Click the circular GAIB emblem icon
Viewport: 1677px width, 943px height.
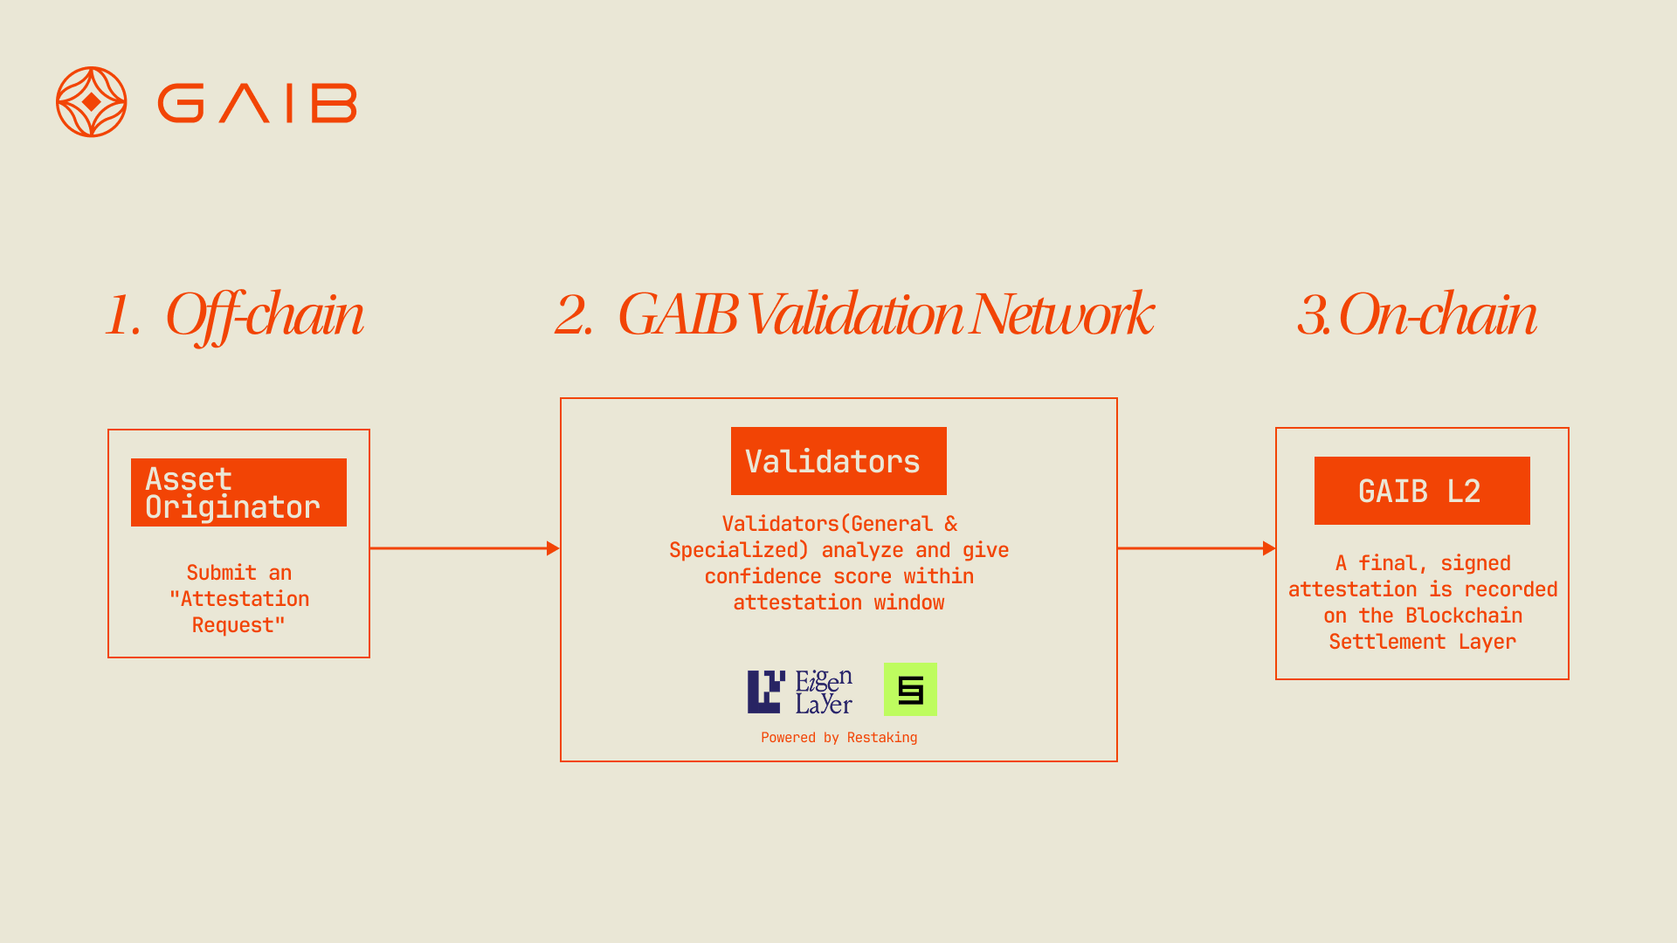pos(92,102)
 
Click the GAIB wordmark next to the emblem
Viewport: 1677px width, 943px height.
pos(257,103)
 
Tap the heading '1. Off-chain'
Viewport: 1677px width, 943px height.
pos(234,314)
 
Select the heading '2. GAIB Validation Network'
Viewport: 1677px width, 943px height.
pos(853,314)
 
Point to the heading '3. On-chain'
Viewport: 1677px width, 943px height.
pos(1416,314)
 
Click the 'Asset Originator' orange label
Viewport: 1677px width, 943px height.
pos(238,492)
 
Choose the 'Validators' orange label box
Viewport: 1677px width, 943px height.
pos(838,461)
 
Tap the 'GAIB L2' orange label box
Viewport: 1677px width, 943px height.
pos(1422,491)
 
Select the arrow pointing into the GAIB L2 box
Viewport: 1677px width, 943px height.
pos(1197,548)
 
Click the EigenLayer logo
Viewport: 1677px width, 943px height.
pos(800,692)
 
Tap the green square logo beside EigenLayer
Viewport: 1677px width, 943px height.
pos(910,690)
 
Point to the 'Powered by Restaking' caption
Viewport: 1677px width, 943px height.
pos(838,738)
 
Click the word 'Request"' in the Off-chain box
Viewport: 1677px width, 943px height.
pos(238,625)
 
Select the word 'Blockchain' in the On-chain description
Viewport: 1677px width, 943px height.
pos(1464,616)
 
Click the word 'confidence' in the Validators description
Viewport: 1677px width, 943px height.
pos(763,576)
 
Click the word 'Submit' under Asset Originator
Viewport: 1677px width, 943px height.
pos(221,573)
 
